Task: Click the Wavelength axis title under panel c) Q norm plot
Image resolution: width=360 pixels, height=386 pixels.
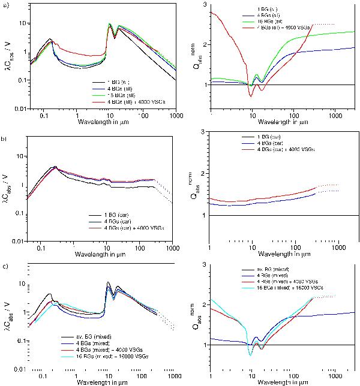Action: [267, 382]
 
